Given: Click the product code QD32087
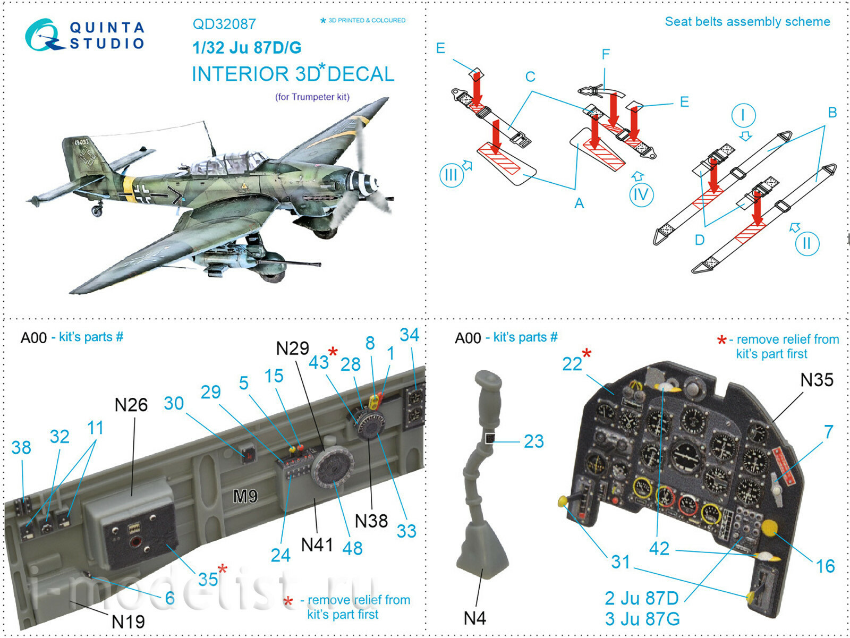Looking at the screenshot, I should (224, 24).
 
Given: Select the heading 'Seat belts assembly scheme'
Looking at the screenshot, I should (747, 22).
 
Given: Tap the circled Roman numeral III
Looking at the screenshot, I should (451, 175).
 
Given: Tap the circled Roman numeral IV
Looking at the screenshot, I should (641, 195).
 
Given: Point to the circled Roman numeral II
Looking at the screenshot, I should (807, 243).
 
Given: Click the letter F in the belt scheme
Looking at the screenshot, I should (606, 54).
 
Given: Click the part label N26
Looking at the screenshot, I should (131, 405).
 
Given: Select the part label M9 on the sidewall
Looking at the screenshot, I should (245, 496).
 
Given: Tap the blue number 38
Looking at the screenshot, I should (21, 448).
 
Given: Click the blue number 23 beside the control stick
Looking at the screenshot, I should (534, 441).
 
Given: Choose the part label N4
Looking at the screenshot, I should (474, 618).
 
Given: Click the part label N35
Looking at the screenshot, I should (817, 380).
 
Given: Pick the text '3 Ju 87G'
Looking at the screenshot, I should (642, 619).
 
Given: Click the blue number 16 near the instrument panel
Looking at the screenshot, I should (825, 566).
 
